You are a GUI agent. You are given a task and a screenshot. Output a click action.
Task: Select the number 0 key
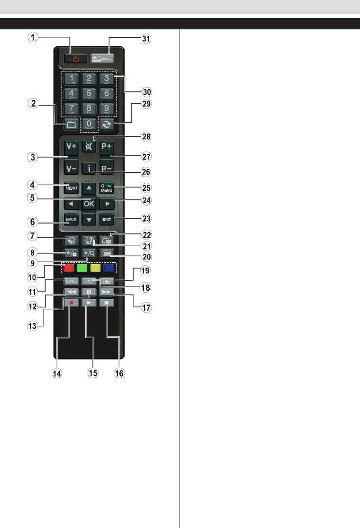89,124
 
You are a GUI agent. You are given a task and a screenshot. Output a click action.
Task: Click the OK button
89,204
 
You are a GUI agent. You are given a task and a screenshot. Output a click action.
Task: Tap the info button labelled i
89,169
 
